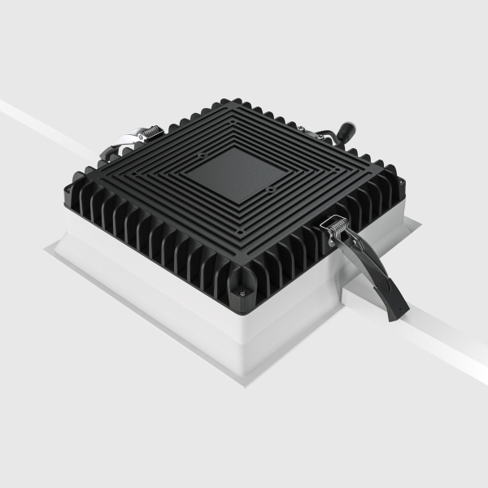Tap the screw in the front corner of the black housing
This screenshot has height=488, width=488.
click(x=242, y=286)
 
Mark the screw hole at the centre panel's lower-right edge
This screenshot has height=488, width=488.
click(x=269, y=190)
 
